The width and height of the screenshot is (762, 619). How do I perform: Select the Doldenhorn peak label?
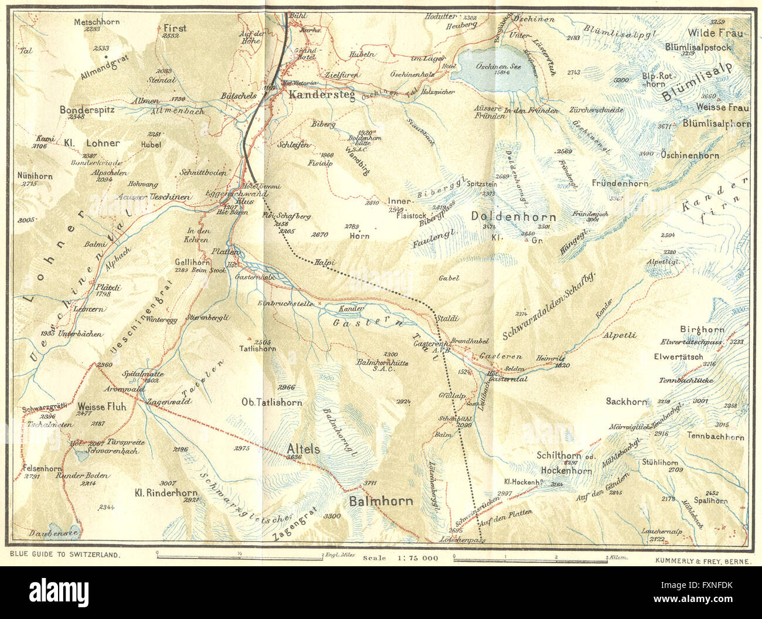click(513, 217)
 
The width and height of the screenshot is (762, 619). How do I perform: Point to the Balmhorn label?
click(381, 501)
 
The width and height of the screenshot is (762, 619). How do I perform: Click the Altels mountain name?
click(304, 448)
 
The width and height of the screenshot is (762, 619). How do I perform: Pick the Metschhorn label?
click(97, 22)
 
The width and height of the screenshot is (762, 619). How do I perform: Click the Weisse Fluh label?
click(101, 406)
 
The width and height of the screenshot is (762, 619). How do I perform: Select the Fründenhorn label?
click(620, 183)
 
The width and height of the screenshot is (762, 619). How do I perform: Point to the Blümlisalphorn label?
click(716, 124)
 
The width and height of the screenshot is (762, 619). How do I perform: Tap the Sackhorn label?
click(627, 402)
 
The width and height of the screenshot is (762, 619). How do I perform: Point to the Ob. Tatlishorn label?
click(272, 402)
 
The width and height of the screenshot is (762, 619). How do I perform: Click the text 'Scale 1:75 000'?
click(400, 558)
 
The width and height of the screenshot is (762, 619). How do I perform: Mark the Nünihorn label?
click(36, 176)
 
